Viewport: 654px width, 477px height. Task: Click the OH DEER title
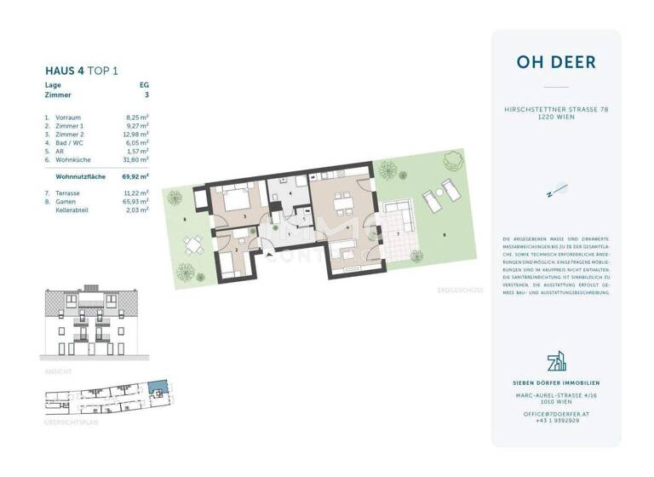[x=555, y=62]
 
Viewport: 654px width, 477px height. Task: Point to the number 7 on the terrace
[x=395, y=233]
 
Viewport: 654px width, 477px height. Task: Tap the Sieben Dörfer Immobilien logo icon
[x=555, y=362]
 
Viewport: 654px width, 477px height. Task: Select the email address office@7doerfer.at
[x=555, y=413]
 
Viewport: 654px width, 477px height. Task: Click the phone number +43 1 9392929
[x=555, y=420]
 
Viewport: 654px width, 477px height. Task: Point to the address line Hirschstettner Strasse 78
[x=555, y=110]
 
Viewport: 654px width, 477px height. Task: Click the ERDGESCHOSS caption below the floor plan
[x=459, y=290]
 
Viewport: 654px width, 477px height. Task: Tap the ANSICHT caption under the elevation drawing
[x=57, y=371]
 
